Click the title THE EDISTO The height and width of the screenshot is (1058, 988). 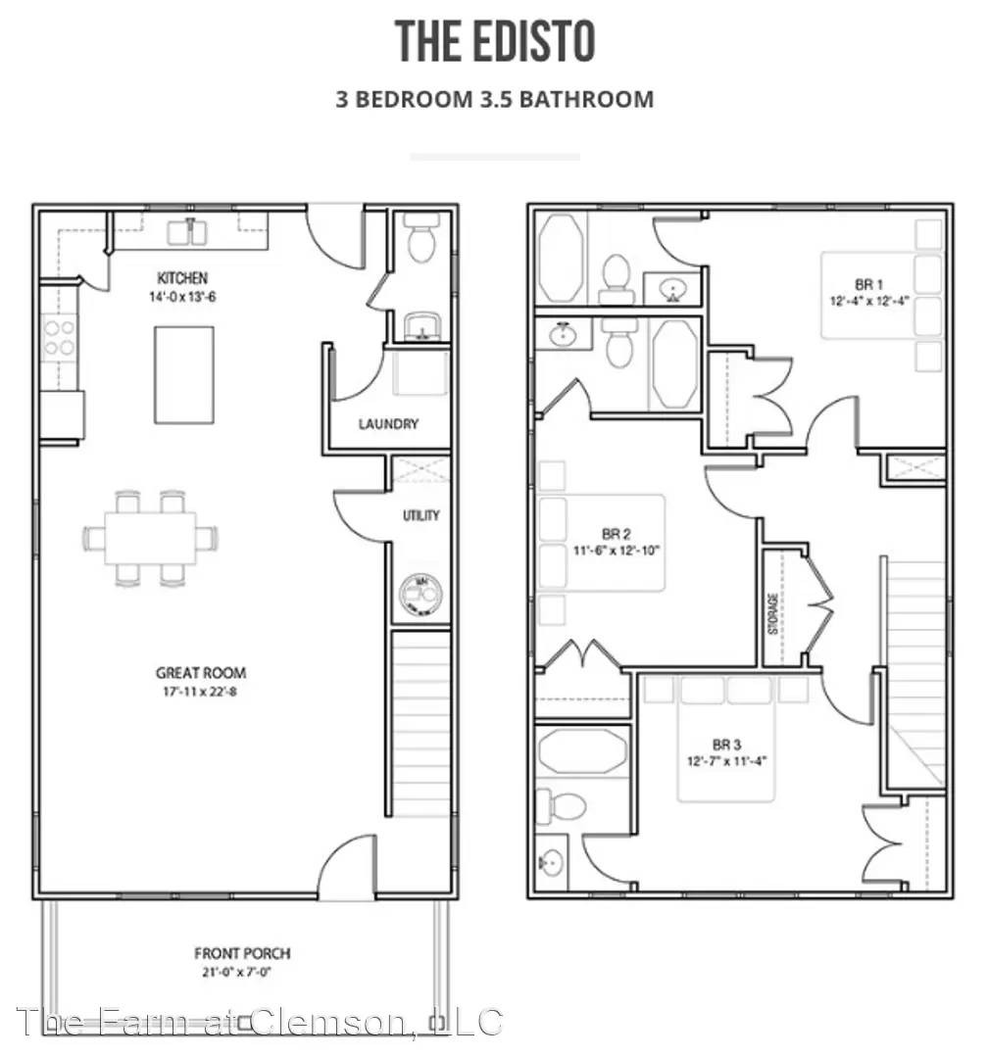495,43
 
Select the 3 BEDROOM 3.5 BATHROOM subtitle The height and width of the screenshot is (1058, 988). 494,99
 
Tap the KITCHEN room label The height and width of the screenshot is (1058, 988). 182,278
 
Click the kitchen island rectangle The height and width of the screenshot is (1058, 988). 183,374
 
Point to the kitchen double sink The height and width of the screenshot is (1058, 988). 188,232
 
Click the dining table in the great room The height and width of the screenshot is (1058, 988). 150,538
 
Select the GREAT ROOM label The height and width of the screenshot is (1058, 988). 200,673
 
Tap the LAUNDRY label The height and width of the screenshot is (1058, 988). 388,424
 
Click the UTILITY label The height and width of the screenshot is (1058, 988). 420,515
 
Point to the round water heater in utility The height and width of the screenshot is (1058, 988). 420,594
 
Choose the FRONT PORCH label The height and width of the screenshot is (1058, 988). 242,953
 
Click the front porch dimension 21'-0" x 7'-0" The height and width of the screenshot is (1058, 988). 242,973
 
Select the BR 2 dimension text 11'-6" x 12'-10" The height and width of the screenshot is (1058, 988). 616,551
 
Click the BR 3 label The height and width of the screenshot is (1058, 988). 726,744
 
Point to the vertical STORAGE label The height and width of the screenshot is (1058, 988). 773,613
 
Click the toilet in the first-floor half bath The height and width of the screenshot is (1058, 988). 421,242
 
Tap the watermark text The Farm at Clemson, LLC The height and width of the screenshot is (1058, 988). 260,1022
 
